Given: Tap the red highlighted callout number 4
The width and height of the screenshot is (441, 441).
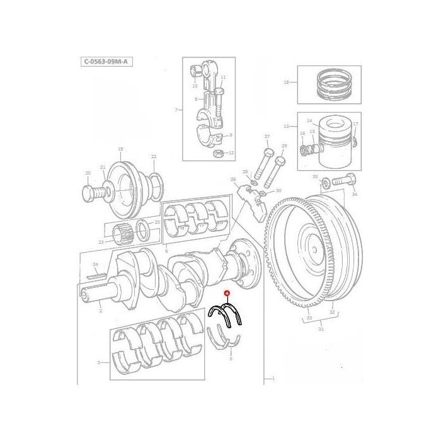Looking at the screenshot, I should [227, 294].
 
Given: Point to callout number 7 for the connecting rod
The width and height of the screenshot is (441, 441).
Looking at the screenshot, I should [177, 110].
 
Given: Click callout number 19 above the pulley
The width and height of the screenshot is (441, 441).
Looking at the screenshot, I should [120, 149].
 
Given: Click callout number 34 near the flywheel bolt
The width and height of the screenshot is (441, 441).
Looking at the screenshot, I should [354, 195].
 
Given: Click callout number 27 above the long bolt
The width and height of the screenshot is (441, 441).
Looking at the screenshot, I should [266, 137].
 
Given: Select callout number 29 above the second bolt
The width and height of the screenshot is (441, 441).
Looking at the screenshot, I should [283, 146].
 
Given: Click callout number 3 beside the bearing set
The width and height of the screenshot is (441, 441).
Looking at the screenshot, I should [98, 363].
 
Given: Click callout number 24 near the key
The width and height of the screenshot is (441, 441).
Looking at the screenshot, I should [96, 265].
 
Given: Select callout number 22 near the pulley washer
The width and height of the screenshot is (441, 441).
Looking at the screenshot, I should [153, 157].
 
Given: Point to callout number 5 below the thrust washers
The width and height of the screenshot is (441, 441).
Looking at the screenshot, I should [231, 358].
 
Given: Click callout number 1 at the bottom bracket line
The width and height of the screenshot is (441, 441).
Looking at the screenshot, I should [273, 379].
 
